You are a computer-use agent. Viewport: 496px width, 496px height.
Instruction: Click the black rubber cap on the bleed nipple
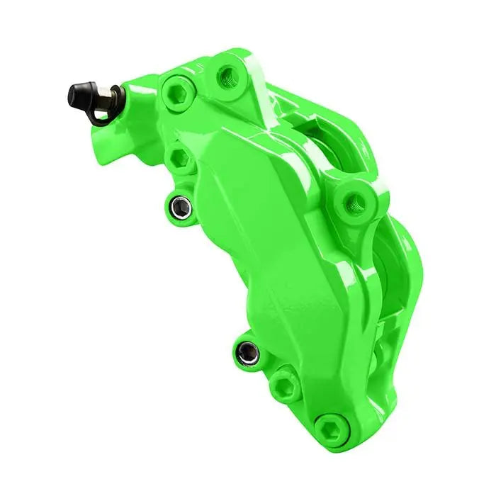click(x=79, y=94)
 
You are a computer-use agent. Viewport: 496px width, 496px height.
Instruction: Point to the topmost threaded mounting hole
click(x=228, y=72)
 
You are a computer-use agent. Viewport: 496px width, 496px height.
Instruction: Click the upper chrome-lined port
click(x=181, y=206)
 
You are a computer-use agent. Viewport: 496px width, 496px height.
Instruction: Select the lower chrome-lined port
click(x=247, y=351)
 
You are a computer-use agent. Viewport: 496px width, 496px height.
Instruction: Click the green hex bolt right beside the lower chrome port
click(x=285, y=386)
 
